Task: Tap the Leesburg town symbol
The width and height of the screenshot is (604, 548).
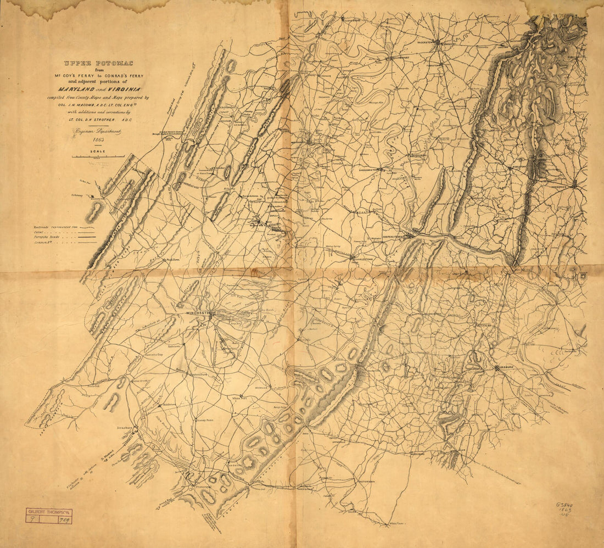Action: point(497,368)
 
